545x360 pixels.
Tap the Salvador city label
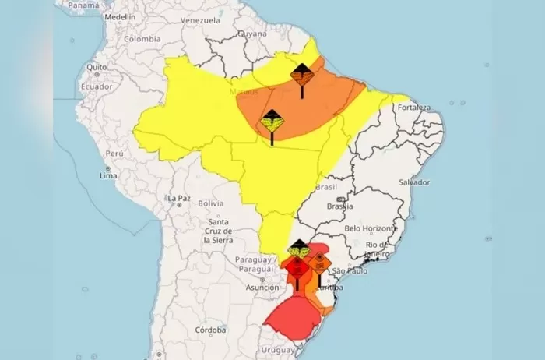tap(413, 182)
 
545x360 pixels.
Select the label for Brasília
tap(340, 206)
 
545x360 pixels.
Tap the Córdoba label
tap(211, 330)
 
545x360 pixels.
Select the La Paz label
tap(178, 199)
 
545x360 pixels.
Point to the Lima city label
tap(108, 177)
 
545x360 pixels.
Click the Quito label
tap(97, 68)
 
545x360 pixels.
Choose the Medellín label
tap(119, 16)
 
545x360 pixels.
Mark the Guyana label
tap(252, 34)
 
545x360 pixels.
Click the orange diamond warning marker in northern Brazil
tap(302, 76)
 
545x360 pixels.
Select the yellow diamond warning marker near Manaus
tap(272, 121)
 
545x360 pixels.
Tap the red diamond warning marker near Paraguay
tap(297, 268)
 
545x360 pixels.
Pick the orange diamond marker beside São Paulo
tap(319, 261)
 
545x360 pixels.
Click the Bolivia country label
tap(211, 203)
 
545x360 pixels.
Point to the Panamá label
tap(83, 5)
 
